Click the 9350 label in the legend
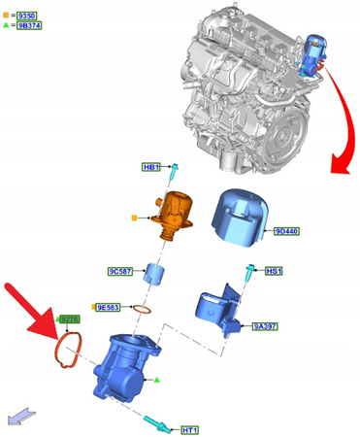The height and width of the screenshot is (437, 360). coord(28,16)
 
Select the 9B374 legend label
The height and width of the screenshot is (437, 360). coord(29,27)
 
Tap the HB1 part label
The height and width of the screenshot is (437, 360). coord(151,167)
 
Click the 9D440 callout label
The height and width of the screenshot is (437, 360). coord(288,232)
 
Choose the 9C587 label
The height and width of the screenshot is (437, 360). coord(119,272)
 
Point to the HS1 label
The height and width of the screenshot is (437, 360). coord(274,272)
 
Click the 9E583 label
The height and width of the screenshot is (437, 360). coord(109,308)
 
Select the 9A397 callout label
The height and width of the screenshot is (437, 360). coord(265,328)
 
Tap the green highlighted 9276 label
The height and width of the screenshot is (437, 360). coord(69,319)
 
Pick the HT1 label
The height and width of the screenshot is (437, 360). coord(189,429)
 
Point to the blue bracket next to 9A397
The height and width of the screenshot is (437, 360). coord(220,307)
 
